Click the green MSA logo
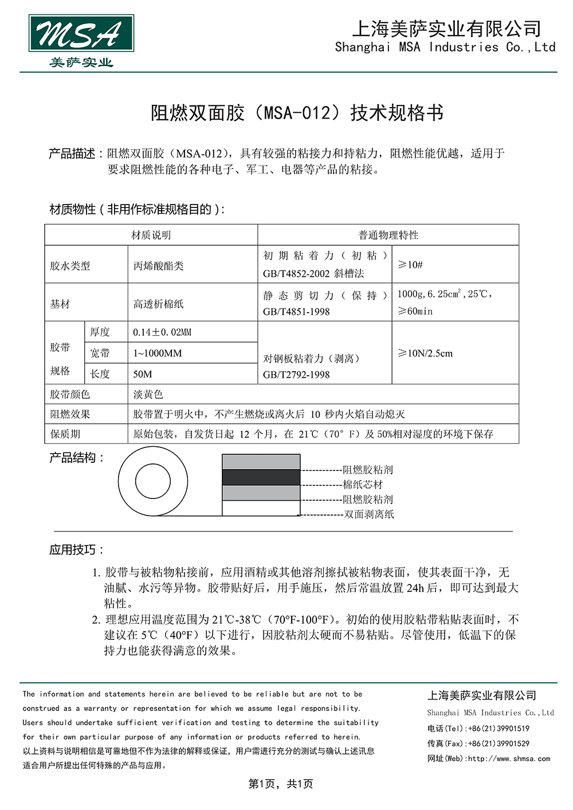click(x=81, y=34)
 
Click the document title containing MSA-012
click(x=297, y=113)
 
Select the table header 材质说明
click(x=151, y=235)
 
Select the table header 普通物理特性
click(x=388, y=235)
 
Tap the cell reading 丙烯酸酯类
click(x=158, y=266)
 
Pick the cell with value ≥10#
click(x=410, y=265)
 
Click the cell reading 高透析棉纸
click(x=158, y=304)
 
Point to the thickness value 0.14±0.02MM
click(x=162, y=332)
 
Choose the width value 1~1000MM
click(x=157, y=353)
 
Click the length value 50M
click(x=143, y=374)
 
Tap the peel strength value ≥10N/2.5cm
click(x=426, y=353)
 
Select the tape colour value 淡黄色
click(x=148, y=394)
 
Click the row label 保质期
click(x=65, y=434)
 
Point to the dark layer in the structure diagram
click(x=261, y=477)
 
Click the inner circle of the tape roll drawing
click(x=152, y=481)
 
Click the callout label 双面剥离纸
click(x=368, y=514)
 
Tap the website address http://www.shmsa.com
click(x=508, y=758)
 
